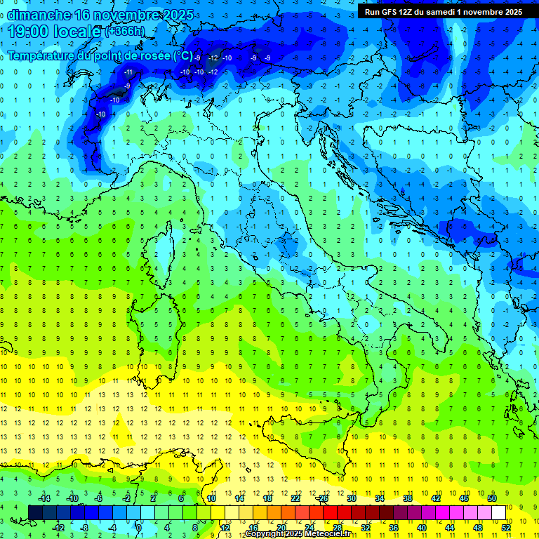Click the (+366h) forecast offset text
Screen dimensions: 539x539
click(125, 32)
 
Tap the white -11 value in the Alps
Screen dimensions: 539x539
click(128, 72)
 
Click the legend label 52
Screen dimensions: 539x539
click(506, 528)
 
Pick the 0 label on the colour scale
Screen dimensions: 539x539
click(139, 528)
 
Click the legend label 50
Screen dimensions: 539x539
click(492, 498)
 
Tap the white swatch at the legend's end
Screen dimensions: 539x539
click(498, 513)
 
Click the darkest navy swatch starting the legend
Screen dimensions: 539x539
click(35, 513)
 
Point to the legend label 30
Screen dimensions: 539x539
click(352, 498)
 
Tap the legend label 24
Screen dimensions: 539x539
click(310, 528)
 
